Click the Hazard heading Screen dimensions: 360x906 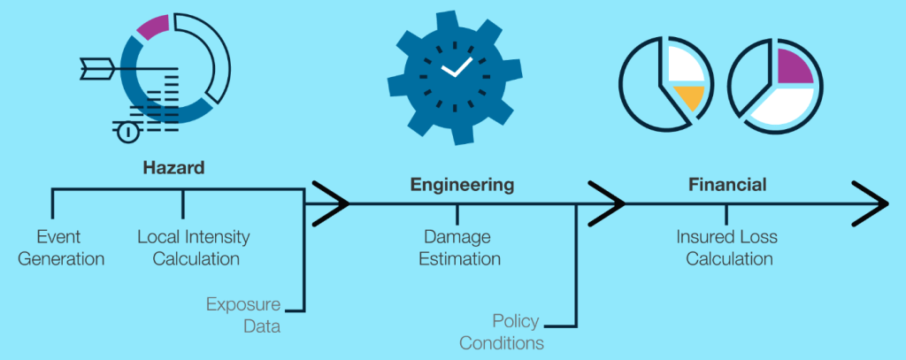pos(173,167)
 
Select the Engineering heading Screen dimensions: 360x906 pos(461,185)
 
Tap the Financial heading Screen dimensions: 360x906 pos(727,185)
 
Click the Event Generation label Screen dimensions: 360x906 pos(58,248)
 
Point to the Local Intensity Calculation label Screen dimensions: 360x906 pos(194,248)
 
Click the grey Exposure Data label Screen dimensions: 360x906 pos(243,316)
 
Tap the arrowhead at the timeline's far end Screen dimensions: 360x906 pos(872,203)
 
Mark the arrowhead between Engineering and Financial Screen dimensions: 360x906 pos(609,203)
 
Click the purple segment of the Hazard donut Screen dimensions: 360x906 pos(153,26)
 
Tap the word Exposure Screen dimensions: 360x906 pos(243,305)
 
